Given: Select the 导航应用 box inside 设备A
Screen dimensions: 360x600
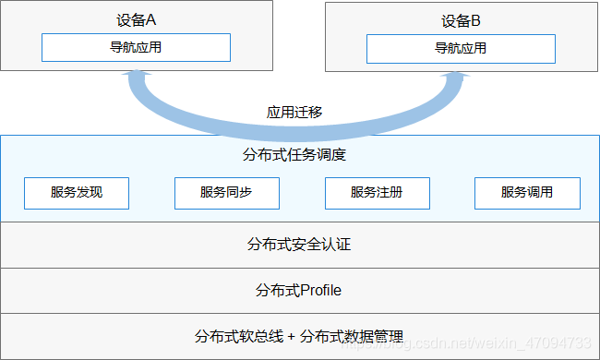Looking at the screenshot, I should tap(136, 48).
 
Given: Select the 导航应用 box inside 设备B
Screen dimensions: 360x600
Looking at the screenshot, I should tap(461, 48).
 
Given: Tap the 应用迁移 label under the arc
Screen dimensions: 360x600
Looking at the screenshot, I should tap(294, 113).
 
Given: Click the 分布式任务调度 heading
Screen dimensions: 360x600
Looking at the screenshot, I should tap(299, 154).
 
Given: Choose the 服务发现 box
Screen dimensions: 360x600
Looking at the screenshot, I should tap(77, 193).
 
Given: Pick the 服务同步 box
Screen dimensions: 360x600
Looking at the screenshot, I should tap(226, 193).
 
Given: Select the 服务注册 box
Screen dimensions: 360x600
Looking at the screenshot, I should tap(377, 193).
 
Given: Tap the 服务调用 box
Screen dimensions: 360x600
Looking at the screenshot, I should tap(527, 193).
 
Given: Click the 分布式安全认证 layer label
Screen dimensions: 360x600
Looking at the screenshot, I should tap(299, 245).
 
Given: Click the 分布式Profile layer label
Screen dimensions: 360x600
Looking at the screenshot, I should tap(299, 290).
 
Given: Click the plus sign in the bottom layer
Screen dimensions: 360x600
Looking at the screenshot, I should tap(292, 336).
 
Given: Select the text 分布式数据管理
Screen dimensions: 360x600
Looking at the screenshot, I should tap(352, 336).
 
